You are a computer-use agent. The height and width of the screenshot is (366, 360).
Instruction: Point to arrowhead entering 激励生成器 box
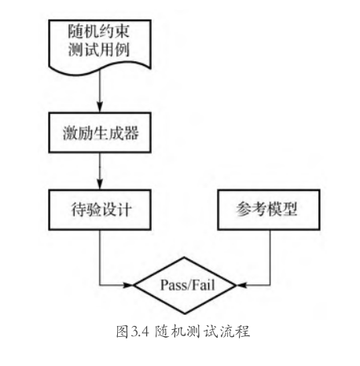click(x=100, y=108)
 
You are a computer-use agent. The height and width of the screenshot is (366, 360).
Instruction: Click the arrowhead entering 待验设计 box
click(x=100, y=185)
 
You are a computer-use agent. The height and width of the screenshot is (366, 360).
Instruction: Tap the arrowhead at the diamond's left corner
click(x=128, y=285)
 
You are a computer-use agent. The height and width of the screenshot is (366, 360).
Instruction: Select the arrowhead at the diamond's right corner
click(x=241, y=285)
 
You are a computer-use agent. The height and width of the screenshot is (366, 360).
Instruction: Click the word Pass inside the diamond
click(x=172, y=285)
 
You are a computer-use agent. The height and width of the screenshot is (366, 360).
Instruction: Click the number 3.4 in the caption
click(x=140, y=332)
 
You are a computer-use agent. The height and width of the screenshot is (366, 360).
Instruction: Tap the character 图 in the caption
click(x=123, y=331)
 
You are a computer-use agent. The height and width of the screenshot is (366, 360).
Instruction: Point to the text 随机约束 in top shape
click(x=99, y=31)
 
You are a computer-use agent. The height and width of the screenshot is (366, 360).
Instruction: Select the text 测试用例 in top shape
click(x=99, y=49)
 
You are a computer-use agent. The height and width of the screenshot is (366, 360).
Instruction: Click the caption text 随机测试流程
click(x=202, y=331)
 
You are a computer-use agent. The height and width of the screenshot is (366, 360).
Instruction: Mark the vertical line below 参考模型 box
click(x=270, y=258)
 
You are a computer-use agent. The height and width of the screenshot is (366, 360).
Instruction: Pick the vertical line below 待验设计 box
click(x=100, y=258)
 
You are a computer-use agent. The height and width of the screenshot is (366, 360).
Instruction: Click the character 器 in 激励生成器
click(x=131, y=133)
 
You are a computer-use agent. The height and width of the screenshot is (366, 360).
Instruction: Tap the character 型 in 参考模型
click(x=289, y=209)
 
